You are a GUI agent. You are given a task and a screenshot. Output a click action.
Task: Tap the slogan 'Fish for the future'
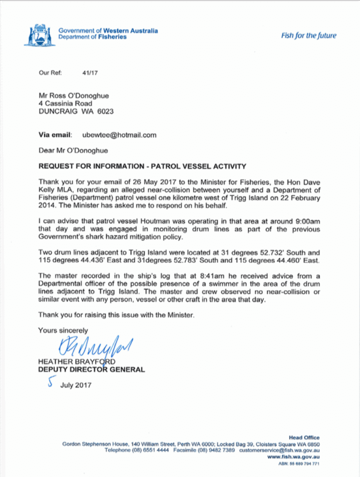(x=308, y=36)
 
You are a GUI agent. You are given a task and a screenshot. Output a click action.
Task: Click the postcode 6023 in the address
(x=105, y=112)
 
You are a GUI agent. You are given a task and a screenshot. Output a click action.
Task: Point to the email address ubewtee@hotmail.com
(x=119, y=135)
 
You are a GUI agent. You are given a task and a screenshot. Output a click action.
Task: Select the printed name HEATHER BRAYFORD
(x=77, y=362)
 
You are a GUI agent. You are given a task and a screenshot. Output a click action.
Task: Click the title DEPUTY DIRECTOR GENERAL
(x=91, y=370)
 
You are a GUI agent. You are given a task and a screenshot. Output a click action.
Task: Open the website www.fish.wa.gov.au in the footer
(x=293, y=457)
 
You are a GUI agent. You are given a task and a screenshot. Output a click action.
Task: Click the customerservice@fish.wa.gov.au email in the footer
(x=279, y=450)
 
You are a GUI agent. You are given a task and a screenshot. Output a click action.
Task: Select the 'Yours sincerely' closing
(x=63, y=330)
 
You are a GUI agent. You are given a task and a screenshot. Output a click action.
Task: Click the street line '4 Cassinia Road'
(x=65, y=103)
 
